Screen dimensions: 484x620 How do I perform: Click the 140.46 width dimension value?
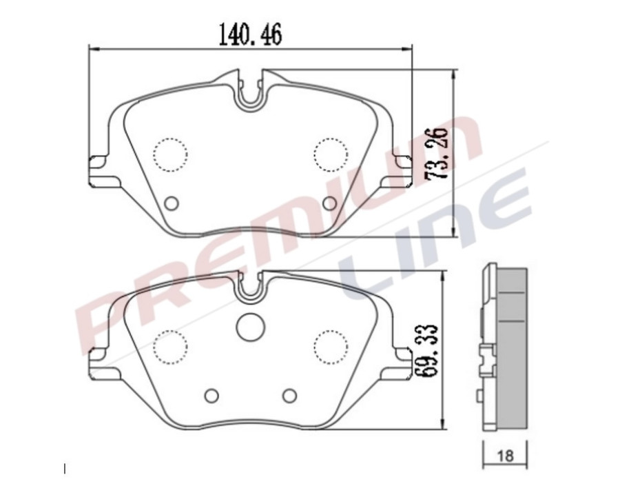coord(250,34)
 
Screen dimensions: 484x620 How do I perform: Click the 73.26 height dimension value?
coord(437,153)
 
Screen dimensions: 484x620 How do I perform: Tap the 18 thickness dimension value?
coord(505,456)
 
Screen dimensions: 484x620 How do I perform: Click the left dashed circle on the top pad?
coord(170,154)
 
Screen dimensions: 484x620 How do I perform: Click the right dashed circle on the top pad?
coord(330,153)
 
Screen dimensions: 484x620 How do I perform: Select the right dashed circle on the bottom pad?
coord(330,345)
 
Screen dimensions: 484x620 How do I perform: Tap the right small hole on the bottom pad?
coord(289,395)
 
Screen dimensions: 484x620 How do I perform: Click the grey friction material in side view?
coord(512,345)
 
